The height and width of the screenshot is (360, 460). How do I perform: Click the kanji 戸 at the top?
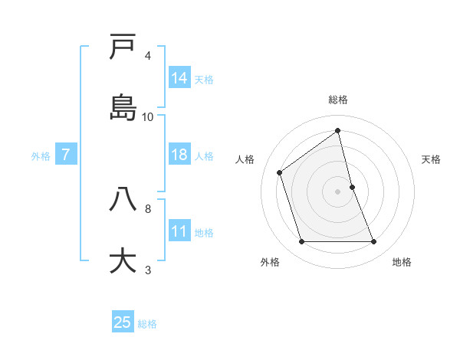pos(123,47)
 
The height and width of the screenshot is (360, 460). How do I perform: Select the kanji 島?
pos(123,107)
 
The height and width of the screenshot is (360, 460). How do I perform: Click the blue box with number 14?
pos(179,78)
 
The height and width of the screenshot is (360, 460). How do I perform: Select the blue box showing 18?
pos(179,155)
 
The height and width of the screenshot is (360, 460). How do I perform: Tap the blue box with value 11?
pos(179,231)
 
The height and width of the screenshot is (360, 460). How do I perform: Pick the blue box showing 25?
pos(123,322)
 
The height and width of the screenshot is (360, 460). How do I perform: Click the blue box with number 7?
pos(66,155)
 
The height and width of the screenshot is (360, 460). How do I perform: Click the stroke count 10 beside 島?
pos(148,117)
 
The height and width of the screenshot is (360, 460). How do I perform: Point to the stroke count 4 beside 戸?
pos(148,56)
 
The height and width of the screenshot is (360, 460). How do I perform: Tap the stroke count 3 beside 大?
pos(148,270)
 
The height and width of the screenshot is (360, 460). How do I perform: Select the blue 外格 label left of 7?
pos(41,156)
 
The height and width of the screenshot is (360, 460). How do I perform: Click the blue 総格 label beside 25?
pos(147,324)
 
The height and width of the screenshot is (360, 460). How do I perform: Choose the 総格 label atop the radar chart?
pos(338,100)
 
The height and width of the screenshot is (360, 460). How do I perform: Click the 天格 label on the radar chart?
pos(431,159)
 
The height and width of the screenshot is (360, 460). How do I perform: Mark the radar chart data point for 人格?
pos(280,172)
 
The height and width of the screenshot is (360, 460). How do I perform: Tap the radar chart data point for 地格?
pos(374,242)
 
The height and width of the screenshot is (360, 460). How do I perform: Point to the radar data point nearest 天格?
pos(352,187)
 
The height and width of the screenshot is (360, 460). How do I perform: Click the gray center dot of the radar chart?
pos(338,191)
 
